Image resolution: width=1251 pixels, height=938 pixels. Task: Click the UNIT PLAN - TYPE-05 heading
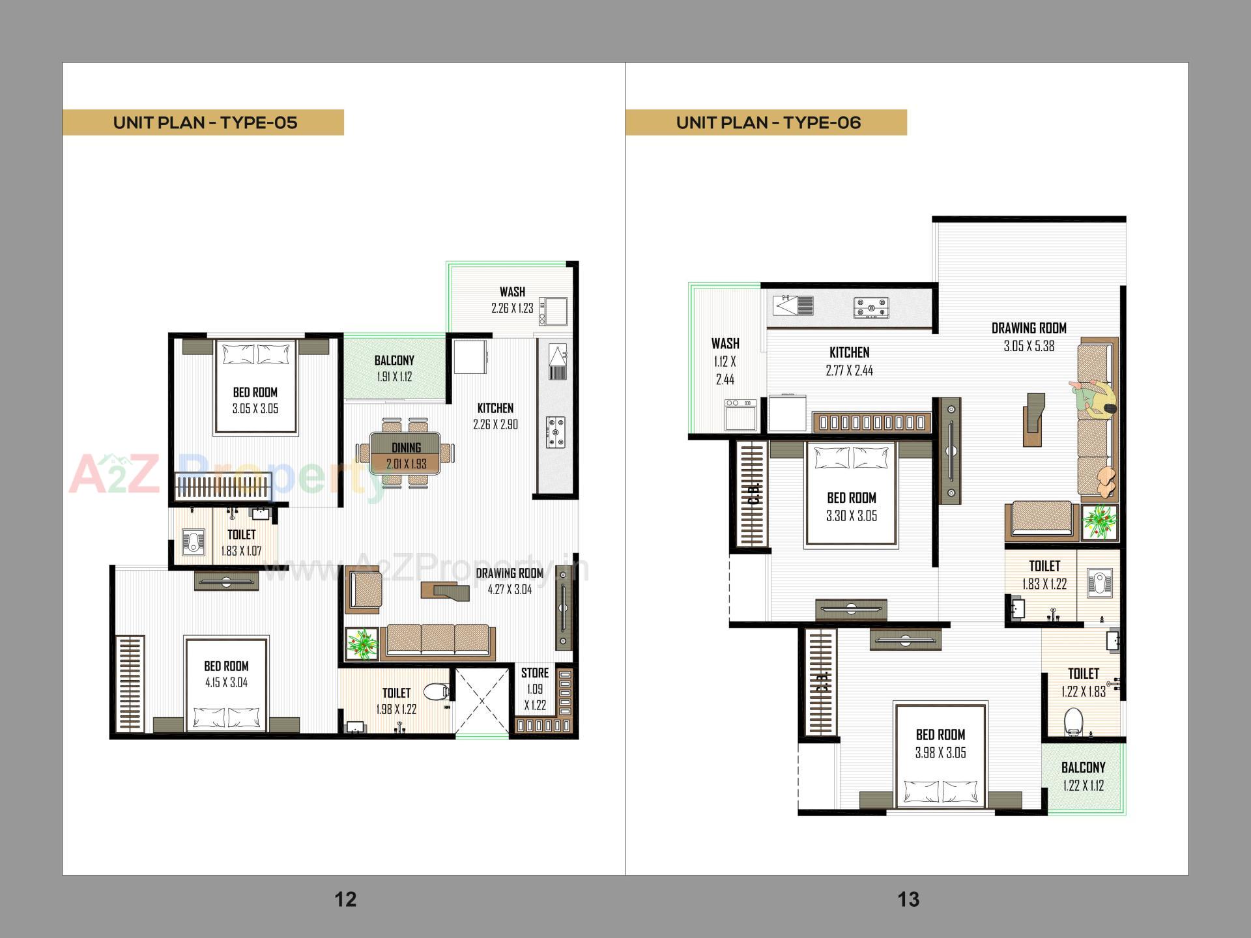coord(205,122)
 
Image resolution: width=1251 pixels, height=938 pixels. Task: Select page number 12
coord(345,900)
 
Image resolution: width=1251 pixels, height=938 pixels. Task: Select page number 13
coord(908,900)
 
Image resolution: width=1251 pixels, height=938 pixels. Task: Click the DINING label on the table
coord(406,448)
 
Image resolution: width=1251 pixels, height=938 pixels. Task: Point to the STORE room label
coord(535,673)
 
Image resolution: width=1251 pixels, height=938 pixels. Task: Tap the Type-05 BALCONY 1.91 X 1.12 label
coord(394,368)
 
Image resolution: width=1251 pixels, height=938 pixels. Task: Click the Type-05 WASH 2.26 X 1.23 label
coord(512,300)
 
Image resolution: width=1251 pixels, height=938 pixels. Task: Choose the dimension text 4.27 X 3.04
coord(510,590)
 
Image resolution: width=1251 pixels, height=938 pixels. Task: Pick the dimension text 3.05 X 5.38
coord(1029,347)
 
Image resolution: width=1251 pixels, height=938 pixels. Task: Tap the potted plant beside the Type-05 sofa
coord(360,643)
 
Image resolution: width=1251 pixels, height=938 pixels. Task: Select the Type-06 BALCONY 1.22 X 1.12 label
coord(1083,776)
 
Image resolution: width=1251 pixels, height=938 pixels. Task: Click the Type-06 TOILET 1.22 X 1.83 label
coord(1083,682)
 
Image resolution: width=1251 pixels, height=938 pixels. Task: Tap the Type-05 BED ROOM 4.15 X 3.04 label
coord(226,674)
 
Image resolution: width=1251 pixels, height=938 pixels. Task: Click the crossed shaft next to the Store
coord(482,701)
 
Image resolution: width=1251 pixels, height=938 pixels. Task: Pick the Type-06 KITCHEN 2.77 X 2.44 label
coord(849,361)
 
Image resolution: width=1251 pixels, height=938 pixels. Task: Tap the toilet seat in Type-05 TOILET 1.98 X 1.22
coord(437,691)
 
